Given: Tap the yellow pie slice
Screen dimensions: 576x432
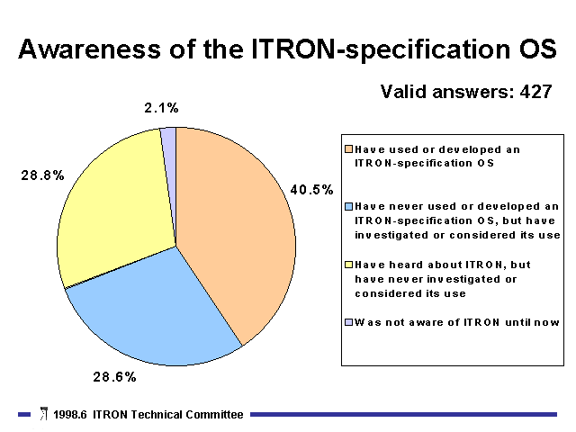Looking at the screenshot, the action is point(118,206).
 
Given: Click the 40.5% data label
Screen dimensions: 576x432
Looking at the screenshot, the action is point(312,190).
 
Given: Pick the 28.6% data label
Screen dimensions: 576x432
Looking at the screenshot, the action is point(114,376).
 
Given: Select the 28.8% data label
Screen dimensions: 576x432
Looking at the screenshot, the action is point(42,175).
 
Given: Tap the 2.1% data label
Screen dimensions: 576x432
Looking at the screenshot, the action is point(161,108).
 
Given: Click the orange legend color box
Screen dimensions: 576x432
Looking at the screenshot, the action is point(348,149).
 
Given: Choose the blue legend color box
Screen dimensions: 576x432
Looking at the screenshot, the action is point(348,206).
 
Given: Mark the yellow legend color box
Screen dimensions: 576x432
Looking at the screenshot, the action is point(348,265).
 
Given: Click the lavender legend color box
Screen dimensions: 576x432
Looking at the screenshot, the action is point(348,322).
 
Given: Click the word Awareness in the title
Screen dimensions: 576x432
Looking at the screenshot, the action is point(90,49).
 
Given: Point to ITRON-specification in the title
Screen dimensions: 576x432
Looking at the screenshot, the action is point(375,49).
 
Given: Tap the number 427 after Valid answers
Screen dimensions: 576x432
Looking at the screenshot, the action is point(536,92).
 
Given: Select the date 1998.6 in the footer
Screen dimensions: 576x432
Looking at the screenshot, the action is point(70,414).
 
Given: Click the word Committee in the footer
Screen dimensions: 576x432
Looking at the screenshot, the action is point(214,414).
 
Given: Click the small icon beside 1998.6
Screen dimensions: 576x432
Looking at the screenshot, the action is point(44,413).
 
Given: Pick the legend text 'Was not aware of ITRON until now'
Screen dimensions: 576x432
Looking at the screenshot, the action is point(456,322).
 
